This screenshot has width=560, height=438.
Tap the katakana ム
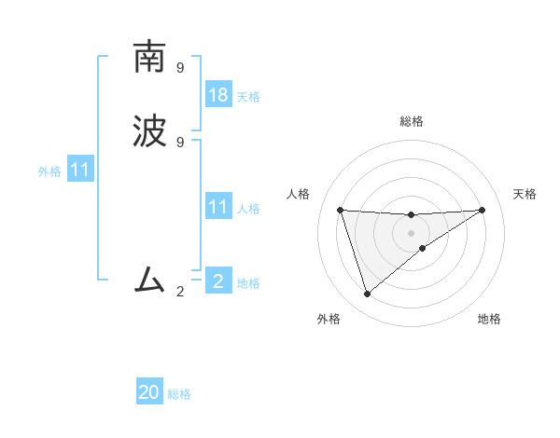[149, 279]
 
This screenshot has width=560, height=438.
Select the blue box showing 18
[218, 95]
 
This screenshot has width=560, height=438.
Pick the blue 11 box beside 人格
[218, 208]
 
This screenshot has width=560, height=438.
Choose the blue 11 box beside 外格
[80, 171]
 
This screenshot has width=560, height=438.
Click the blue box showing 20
[149, 392]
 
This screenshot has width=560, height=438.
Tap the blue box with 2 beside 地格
[218, 282]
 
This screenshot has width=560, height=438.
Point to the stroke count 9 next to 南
[180, 67]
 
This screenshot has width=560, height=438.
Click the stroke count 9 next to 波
[180, 142]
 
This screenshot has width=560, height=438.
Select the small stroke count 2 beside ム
[180, 292]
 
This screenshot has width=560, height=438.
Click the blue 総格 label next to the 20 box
[179, 394]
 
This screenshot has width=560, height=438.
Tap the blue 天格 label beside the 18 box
[248, 97]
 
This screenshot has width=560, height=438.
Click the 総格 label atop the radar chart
[412, 121]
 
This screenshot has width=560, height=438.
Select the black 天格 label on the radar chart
[525, 194]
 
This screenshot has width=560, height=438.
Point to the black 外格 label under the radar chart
[329, 319]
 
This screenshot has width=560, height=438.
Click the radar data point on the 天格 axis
[482, 210]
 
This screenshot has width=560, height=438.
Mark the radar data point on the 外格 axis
[368, 294]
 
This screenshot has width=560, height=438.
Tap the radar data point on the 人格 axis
[341, 210]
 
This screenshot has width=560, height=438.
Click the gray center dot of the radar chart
[412, 233]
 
